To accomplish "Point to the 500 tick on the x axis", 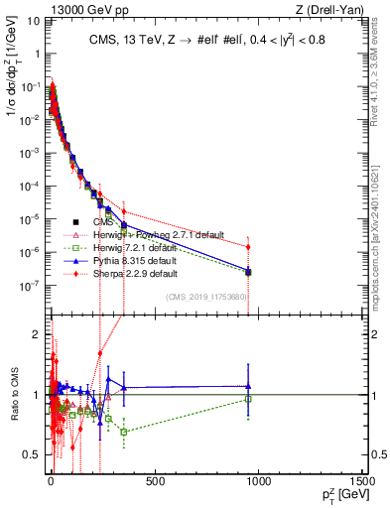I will click(155, 482).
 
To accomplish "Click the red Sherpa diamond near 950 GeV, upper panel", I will click(248, 246).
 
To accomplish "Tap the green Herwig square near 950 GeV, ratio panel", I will click(248, 400).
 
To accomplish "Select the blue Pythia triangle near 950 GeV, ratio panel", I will click(248, 386).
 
